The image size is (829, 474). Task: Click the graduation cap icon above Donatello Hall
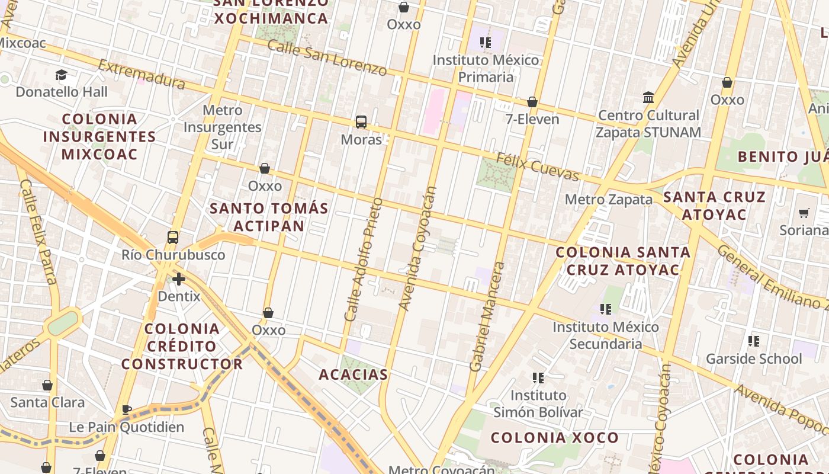(61, 75)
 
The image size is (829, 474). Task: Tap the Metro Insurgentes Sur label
(222, 127)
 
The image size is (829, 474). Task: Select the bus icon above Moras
(361, 123)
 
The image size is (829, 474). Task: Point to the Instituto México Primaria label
(486, 68)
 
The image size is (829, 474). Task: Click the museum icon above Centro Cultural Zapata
(648, 97)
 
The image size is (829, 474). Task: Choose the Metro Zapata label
(608, 200)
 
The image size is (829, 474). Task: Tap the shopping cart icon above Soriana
(804, 213)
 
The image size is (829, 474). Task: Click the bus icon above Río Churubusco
(173, 238)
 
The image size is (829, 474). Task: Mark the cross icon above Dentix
(179, 278)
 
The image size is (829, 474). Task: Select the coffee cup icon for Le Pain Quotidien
(127, 409)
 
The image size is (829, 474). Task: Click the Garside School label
(754, 358)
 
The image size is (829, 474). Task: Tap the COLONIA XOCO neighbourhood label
(555, 438)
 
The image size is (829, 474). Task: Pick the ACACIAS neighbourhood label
(353, 374)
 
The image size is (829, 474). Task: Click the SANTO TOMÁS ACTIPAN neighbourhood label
(269, 217)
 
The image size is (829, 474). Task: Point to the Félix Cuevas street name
(537, 166)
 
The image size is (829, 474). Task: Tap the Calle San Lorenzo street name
(326, 58)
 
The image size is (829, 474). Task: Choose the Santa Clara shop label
(47, 402)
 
